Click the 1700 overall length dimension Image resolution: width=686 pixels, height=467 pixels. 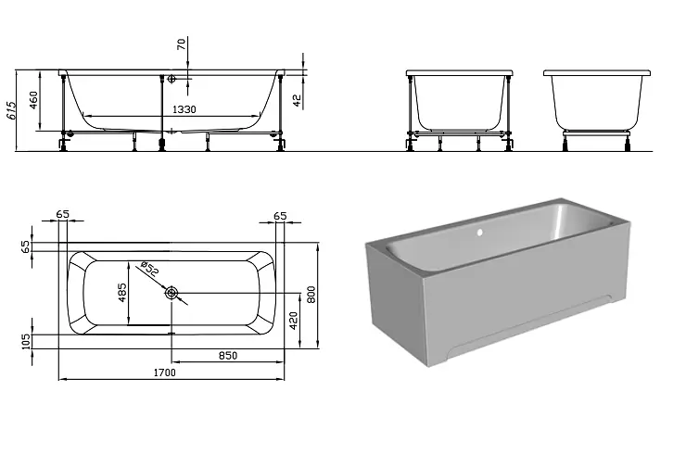[x=164, y=372]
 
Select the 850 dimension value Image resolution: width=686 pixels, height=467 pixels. [x=227, y=356]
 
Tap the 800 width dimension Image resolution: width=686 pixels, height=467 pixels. [x=311, y=295]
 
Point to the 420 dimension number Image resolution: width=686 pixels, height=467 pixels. [x=294, y=321]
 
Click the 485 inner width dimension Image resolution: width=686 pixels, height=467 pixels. [x=122, y=293]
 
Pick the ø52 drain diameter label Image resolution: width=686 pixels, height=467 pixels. [x=150, y=269]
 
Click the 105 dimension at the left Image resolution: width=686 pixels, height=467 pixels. [x=27, y=342]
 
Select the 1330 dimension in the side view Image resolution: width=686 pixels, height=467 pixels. [x=184, y=109]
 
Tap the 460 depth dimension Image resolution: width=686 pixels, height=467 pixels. [x=33, y=100]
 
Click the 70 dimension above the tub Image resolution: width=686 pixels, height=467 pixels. [x=181, y=44]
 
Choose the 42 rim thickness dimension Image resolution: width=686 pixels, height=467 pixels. [x=297, y=101]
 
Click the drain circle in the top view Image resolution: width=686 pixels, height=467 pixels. [x=171, y=293]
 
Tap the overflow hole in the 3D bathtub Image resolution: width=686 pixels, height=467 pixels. [x=479, y=233]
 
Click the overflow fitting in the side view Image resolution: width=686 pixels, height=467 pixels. [x=171, y=79]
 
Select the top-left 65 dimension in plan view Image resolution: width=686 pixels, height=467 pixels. [x=62, y=214]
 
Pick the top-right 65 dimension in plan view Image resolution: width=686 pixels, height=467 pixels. [x=280, y=216]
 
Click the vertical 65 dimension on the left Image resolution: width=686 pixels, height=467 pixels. [x=27, y=246]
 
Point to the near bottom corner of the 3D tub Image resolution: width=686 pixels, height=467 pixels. [x=427, y=366]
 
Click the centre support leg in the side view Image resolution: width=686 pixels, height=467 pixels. [x=162, y=112]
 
